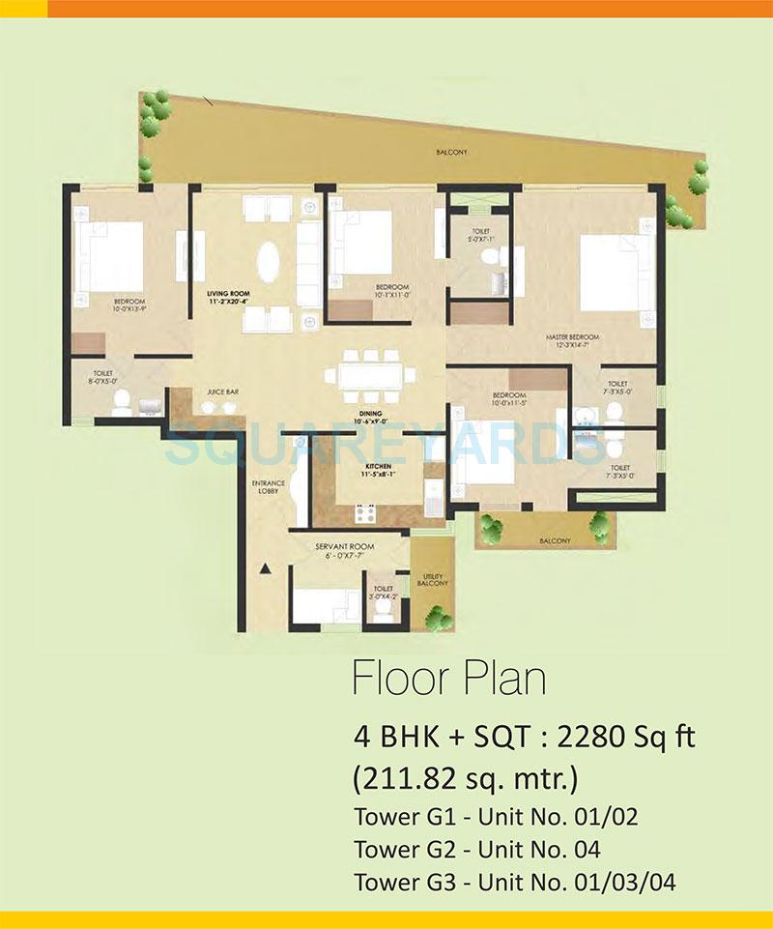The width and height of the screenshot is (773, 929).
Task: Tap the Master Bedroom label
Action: click(x=573, y=336)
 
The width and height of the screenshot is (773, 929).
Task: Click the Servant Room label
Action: click(x=337, y=547)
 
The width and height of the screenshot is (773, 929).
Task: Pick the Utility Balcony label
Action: click(x=432, y=579)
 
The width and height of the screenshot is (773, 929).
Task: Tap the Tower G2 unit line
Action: click(x=477, y=850)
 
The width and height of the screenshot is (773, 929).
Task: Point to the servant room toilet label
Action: click(x=383, y=592)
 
